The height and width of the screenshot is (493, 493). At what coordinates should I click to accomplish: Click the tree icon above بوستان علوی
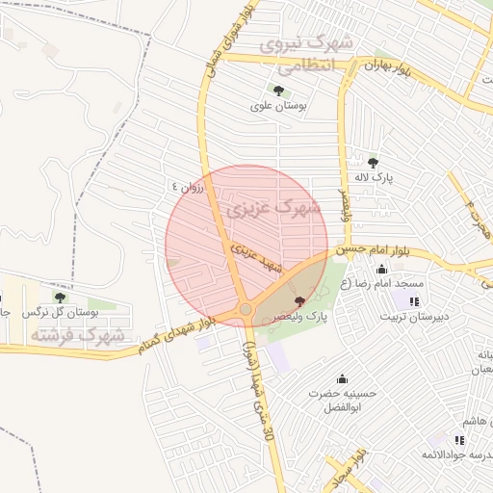click(x=278, y=91)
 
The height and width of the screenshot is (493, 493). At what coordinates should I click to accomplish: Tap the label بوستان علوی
click(x=277, y=106)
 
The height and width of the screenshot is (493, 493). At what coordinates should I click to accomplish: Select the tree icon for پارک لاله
click(x=374, y=163)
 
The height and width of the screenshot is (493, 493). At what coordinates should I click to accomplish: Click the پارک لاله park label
click(x=374, y=177)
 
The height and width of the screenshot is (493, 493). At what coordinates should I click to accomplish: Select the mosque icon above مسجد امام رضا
click(x=382, y=270)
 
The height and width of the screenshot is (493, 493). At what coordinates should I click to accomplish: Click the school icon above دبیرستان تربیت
click(x=413, y=301)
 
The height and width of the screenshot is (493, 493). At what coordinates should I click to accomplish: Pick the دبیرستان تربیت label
click(x=413, y=316)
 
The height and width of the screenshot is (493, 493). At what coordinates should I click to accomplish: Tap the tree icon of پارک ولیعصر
click(x=298, y=301)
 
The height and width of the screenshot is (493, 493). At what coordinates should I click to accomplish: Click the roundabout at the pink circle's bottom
click(x=246, y=309)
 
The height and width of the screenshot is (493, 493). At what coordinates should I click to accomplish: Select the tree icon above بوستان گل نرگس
click(x=60, y=298)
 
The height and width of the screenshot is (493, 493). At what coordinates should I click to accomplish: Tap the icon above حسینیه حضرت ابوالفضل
click(x=342, y=378)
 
